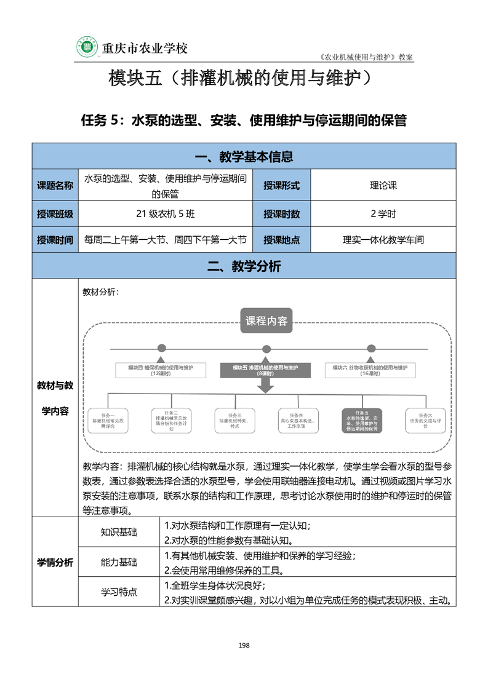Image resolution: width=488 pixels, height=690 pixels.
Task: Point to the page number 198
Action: coord(244,645)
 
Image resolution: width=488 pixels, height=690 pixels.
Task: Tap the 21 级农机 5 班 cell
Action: coord(166,214)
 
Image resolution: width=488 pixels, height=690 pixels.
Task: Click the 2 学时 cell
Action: coord(383,214)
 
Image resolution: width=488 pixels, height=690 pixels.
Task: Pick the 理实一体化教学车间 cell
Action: coord(383,240)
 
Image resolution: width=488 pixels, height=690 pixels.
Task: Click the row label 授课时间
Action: coord(55,240)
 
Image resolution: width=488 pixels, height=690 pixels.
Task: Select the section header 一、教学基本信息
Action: coord(244,157)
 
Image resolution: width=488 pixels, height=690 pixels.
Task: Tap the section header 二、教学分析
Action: coord(244,266)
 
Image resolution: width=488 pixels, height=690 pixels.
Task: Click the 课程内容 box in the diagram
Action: coord(266,321)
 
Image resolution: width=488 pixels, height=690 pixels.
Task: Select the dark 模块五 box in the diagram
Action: coord(266,370)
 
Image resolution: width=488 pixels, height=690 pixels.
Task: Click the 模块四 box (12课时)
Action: coord(161,370)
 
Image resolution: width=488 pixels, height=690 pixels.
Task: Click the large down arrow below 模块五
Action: coord(266,386)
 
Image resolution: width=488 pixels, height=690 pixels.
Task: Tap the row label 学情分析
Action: coord(55,563)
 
